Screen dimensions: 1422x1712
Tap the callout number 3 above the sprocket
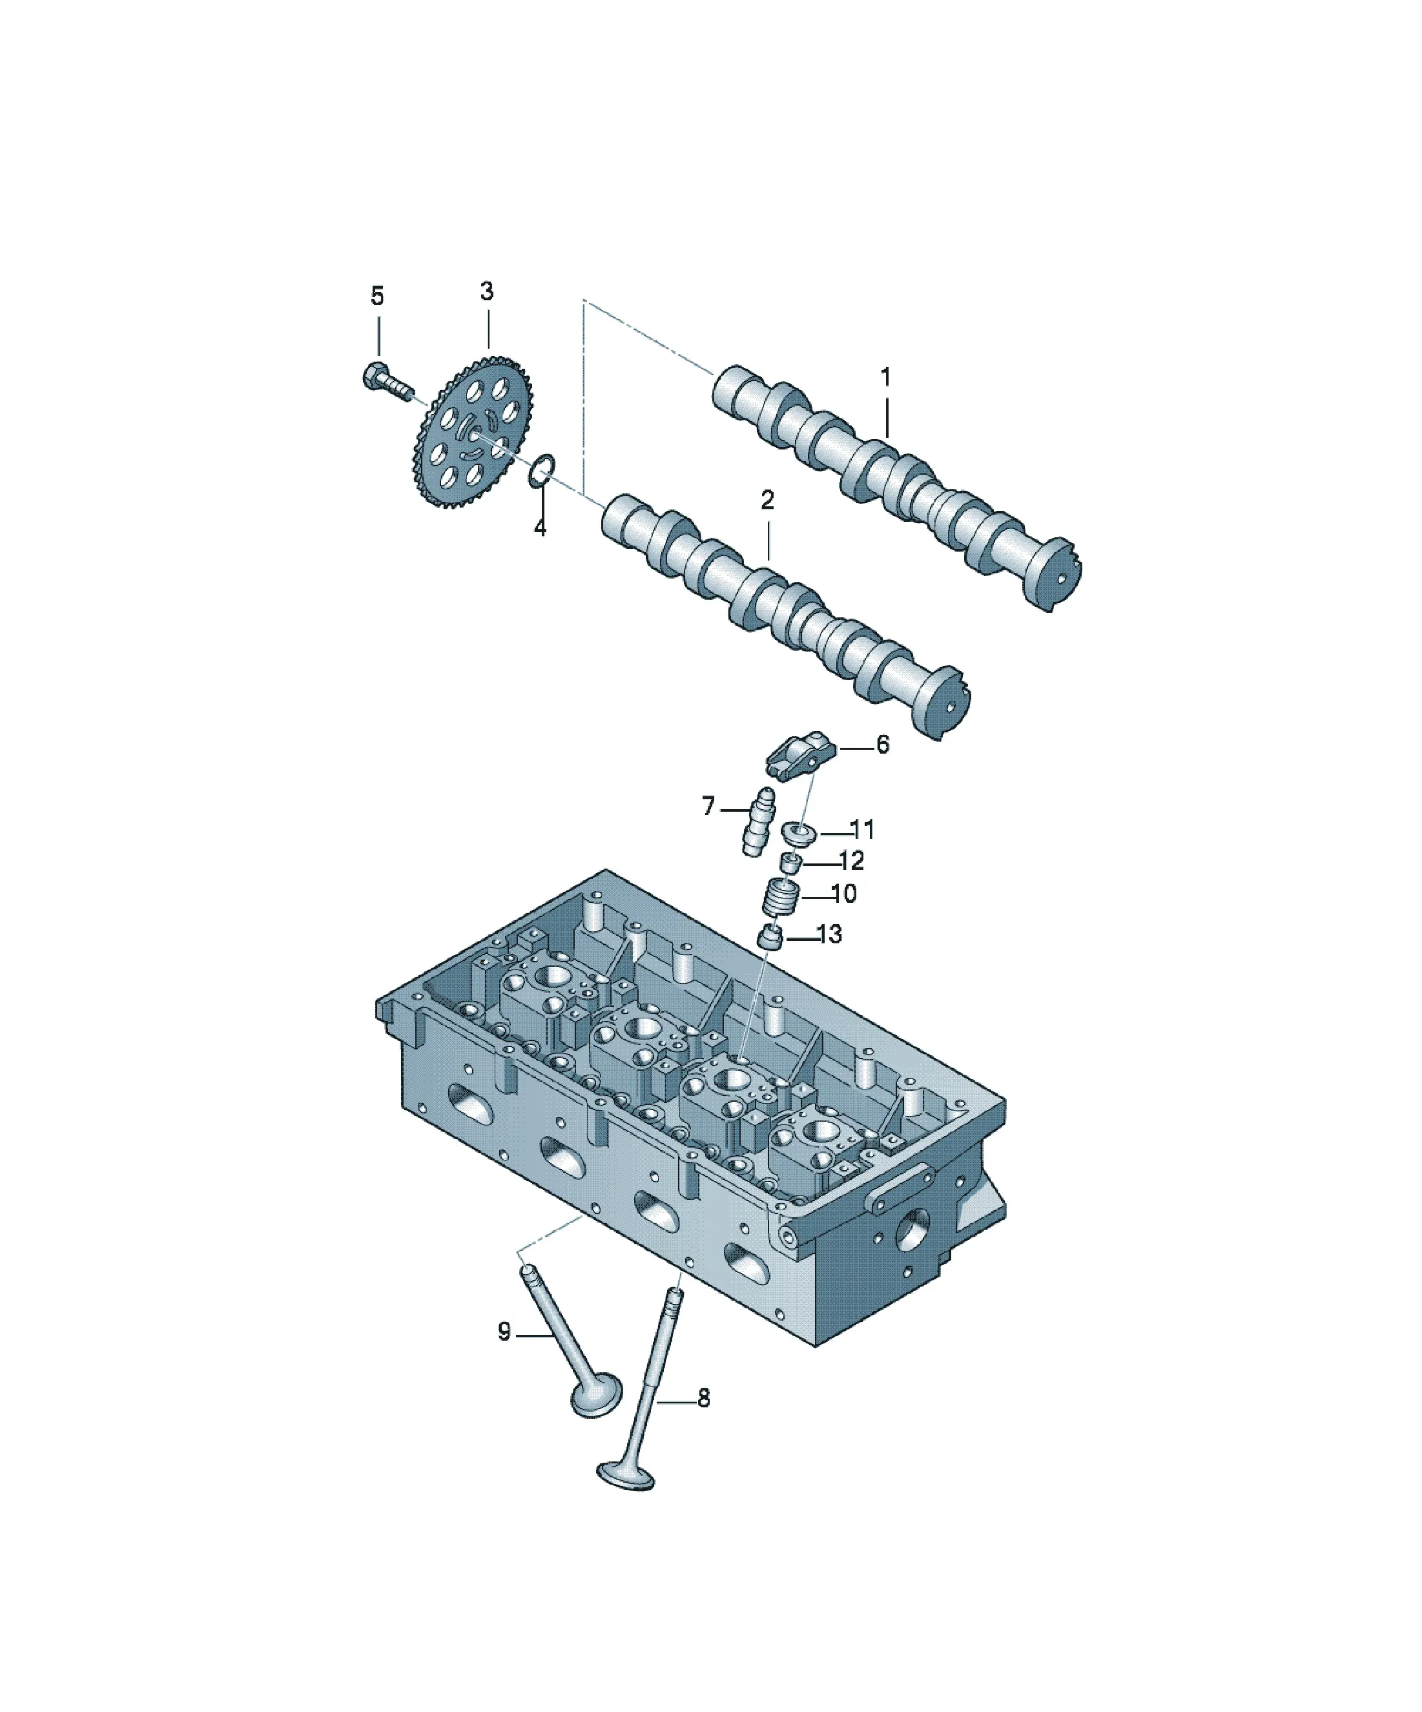point(487,291)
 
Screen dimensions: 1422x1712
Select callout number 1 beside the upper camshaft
point(885,376)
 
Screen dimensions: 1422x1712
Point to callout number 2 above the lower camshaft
point(767,500)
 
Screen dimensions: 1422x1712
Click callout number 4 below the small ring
point(540,528)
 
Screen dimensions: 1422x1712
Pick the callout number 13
point(829,934)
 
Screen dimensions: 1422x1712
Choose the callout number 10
point(844,894)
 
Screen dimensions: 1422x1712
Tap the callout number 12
point(850,861)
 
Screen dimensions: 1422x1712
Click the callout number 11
point(862,830)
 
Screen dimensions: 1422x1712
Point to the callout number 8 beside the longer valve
point(704,1398)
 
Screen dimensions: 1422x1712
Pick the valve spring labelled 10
point(780,898)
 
